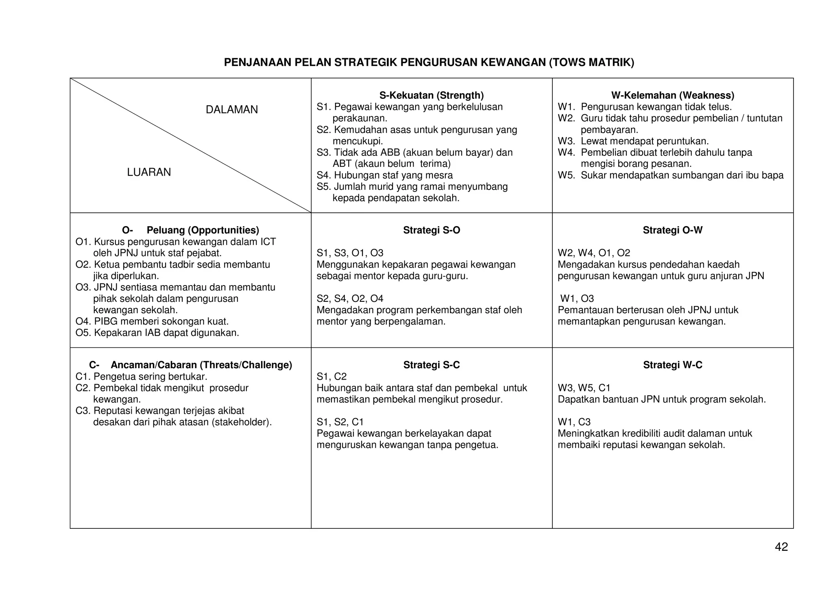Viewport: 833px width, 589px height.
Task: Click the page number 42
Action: pyautogui.click(x=781, y=547)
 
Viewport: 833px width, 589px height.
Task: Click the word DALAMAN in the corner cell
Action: pyautogui.click(x=231, y=110)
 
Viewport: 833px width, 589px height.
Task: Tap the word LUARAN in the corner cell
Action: pyautogui.click(x=149, y=172)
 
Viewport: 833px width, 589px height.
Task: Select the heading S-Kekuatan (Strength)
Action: pyautogui.click(x=431, y=96)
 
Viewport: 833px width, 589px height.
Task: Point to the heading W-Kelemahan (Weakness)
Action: pyautogui.click(x=672, y=96)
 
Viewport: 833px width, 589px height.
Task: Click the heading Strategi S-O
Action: pyautogui.click(x=431, y=230)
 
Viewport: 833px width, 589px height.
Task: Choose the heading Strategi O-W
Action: pyautogui.click(x=672, y=230)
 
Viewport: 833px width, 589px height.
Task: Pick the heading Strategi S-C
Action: pyautogui.click(x=431, y=365)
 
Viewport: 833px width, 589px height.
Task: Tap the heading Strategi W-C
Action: pyautogui.click(x=672, y=365)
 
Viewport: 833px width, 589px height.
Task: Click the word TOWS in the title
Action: pyautogui.click(x=567, y=63)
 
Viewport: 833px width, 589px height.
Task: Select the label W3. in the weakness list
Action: pyautogui.click(x=566, y=141)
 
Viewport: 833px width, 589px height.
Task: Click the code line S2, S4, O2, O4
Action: pyautogui.click(x=350, y=299)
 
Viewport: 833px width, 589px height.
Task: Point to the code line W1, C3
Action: pyautogui.click(x=574, y=422)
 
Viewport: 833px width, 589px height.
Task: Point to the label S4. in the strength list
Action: pyautogui.click(x=324, y=175)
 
